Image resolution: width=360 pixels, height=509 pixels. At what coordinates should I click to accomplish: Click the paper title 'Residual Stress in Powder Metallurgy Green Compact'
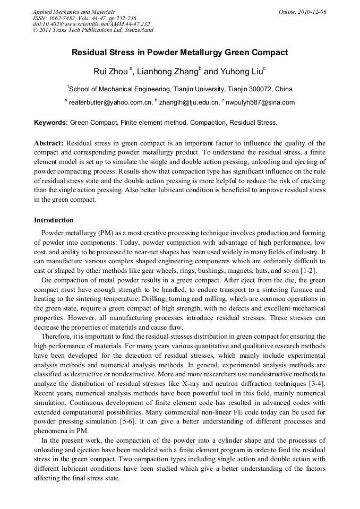179,53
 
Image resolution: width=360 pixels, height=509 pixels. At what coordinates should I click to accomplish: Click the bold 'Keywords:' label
51,122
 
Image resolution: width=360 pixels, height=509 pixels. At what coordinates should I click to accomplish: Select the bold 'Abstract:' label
49,143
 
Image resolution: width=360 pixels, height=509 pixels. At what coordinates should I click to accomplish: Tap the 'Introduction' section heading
54,220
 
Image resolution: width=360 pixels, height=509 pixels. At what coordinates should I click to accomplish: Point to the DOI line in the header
91,24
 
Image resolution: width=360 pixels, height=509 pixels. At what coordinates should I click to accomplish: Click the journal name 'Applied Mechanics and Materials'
74,12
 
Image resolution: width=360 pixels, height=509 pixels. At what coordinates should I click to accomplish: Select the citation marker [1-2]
316,271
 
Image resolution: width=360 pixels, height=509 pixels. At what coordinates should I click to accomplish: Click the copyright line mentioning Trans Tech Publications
93,30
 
